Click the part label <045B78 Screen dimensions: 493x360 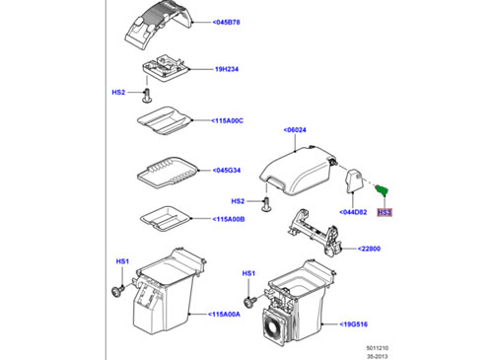click(x=226, y=23)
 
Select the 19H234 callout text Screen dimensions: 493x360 click(x=227, y=69)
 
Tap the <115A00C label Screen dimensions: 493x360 click(x=227, y=120)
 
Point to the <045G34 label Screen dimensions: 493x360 click(x=227, y=171)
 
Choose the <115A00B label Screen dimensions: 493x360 click(x=229, y=219)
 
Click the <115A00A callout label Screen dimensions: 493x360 click(x=224, y=315)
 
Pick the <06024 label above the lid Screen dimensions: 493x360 click(x=295, y=130)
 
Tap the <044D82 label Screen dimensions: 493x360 click(x=353, y=212)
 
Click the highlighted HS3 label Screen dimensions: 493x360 click(x=385, y=212)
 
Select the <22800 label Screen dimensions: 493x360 click(x=369, y=249)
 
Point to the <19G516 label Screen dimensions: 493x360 click(x=354, y=324)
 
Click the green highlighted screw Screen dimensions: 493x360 click(x=382, y=189)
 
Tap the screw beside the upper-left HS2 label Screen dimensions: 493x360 click(x=147, y=96)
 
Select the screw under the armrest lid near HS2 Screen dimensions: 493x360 click(x=266, y=204)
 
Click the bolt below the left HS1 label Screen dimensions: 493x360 click(x=118, y=291)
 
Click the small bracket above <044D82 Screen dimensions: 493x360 click(x=354, y=180)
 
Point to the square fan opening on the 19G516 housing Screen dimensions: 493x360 click(x=273, y=327)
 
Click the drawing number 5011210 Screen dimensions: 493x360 click(x=378, y=348)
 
